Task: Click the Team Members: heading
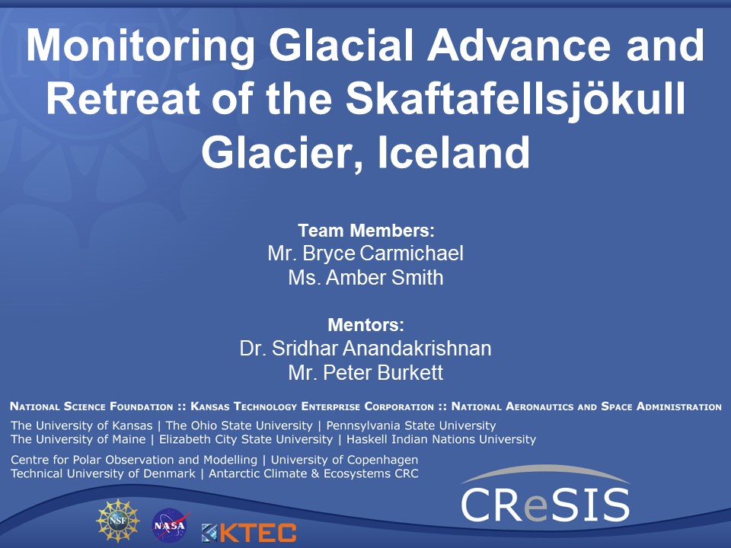[365, 230]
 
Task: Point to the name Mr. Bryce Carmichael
[365, 253]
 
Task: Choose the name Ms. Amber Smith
[365, 278]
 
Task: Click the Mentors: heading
[365, 325]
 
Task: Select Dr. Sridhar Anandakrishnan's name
[365, 349]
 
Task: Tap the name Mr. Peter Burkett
[365, 374]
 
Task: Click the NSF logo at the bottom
[118, 521]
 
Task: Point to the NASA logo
[171, 524]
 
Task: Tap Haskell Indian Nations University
[442, 439]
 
